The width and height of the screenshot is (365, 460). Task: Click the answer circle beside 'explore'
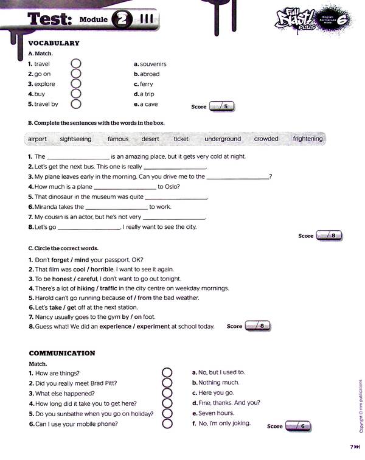(76, 84)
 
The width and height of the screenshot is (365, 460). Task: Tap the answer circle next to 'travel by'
(76, 104)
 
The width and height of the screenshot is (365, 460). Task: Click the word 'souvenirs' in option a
(153, 64)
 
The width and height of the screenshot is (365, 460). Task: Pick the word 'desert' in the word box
(150, 139)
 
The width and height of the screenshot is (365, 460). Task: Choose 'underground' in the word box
(223, 139)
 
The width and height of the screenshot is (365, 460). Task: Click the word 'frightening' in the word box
(308, 139)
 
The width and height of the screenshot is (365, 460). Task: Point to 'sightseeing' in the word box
(76, 139)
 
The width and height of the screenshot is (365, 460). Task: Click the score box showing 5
(221, 106)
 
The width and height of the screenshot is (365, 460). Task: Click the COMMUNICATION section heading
(62, 353)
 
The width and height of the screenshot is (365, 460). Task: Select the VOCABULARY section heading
(54, 43)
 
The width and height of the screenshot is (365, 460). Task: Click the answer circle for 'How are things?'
(167, 373)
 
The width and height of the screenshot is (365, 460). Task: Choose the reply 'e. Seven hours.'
(212, 413)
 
